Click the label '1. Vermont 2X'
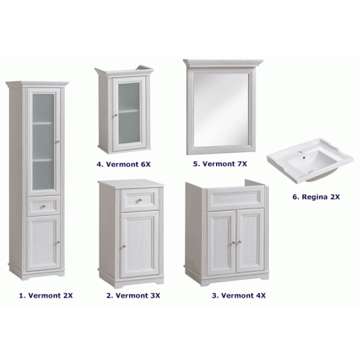tap(46, 295)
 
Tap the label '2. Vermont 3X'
tap(133, 295)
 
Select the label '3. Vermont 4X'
tap(238, 295)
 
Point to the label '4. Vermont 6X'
tap(123, 164)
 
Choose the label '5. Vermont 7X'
tap(220, 164)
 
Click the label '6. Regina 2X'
tap(316, 197)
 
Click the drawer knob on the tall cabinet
tap(43, 206)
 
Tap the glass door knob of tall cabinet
tap(58, 142)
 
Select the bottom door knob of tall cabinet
tap(58, 242)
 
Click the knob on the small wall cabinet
tap(116, 115)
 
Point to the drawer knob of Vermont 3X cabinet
tap(140, 200)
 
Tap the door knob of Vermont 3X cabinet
tap(123, 246)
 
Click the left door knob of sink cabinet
tap(234, 242)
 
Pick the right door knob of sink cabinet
tap(239, 242)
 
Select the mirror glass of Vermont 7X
tap(220, 110)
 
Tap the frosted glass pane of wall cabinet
tap(129, 113)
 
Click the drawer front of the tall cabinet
tap(44, 206)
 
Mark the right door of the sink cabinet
tap(250, 241)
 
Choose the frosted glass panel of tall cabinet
tap(43, 142)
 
